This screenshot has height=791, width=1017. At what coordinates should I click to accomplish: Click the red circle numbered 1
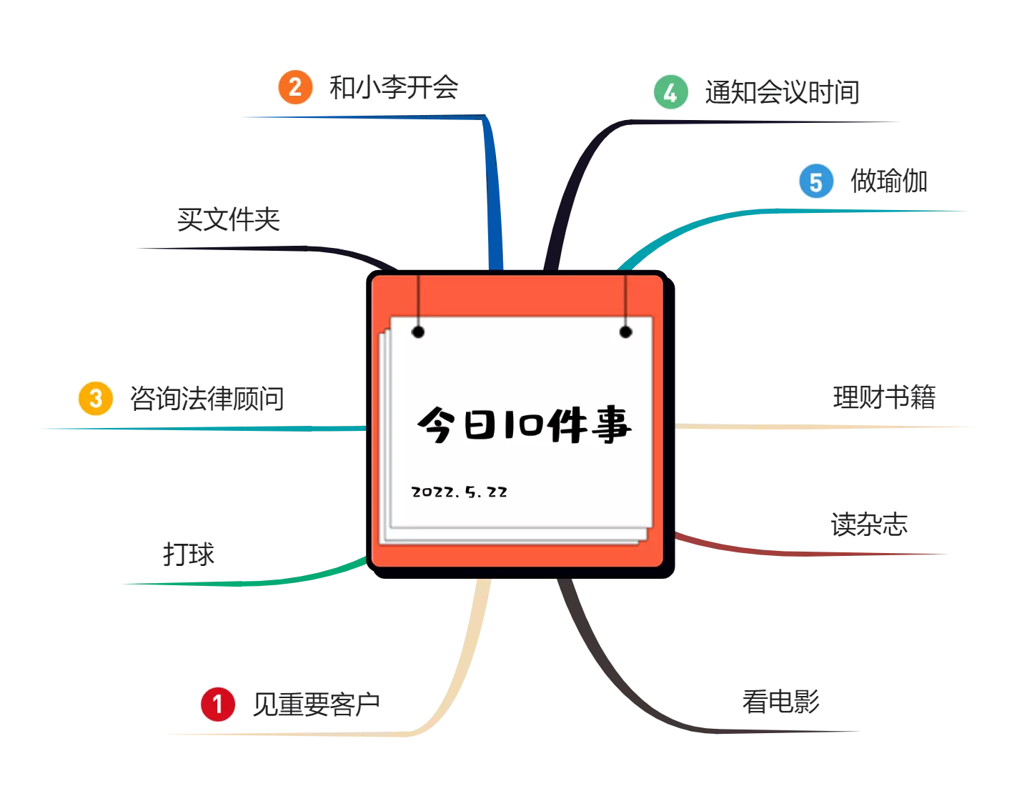tap(217, 704)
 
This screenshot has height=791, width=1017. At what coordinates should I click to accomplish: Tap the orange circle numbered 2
tap(295, 87)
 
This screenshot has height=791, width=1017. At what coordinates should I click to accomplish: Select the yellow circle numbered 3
tap(95, 398)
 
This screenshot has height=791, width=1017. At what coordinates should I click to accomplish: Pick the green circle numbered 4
tap(670, 92)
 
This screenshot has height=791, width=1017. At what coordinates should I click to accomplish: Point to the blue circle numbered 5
tap(815, 181)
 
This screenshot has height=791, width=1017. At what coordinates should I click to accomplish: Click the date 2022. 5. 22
tap(460, 492)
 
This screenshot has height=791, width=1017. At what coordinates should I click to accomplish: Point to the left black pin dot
tap(418, 332)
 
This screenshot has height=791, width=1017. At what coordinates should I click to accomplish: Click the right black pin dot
tap(625, 332)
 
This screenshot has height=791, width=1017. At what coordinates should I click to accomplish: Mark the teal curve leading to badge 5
tap(715, 217)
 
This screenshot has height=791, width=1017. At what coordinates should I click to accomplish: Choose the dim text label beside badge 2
tap(392, 88)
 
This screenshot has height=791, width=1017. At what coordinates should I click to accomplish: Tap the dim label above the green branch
tap(188, 552)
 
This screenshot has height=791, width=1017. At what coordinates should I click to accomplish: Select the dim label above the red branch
tap(868, 524)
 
